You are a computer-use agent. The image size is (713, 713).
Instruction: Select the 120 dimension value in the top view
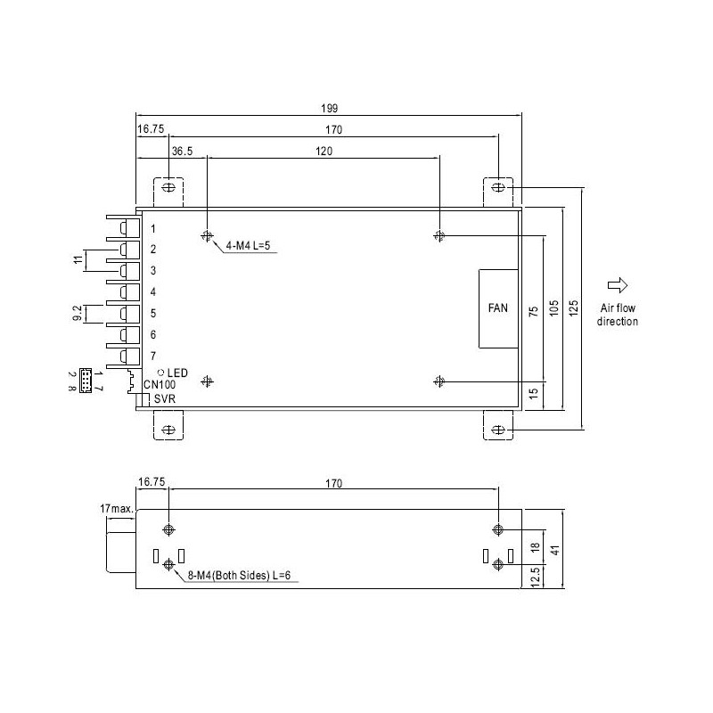(323, 152)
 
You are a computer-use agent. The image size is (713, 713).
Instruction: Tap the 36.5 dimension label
(183, 152)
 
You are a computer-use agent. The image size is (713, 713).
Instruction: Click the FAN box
(497, 308)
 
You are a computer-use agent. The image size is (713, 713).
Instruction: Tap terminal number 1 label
(153, 229)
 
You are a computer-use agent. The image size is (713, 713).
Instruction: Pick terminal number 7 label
(153, 356)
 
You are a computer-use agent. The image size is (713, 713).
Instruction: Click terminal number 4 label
(153, 292)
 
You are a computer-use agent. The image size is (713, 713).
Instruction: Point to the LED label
(176, 372)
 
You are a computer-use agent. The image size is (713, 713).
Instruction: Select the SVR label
(164, 399)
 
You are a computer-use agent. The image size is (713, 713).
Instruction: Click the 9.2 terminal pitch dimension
(78, 314)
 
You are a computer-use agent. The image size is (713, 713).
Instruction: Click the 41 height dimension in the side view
(554, 551)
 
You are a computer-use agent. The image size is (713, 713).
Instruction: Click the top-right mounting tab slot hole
(498, 189)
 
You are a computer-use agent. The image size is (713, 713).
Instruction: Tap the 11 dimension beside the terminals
(78, 259)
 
